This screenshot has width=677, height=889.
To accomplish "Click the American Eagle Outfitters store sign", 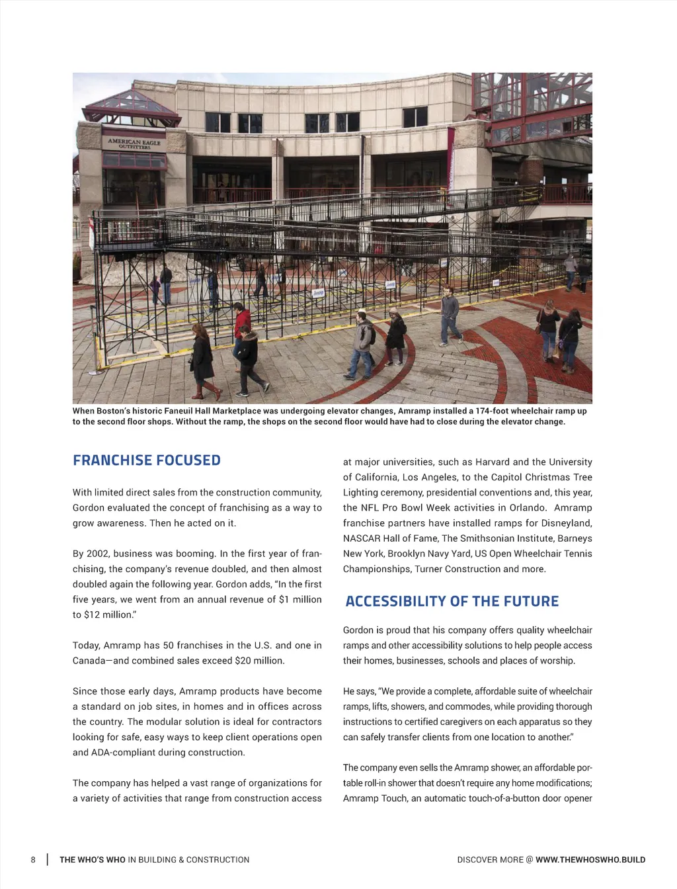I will [x=134, y=143].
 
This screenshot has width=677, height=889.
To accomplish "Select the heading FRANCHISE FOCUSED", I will [x=147, y=460].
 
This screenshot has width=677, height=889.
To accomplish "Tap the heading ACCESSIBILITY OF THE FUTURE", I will [x=452, y=601].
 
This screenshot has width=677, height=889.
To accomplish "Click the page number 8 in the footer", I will [x=33, y=860].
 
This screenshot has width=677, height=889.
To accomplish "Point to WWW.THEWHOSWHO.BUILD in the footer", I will [x=590, y=860].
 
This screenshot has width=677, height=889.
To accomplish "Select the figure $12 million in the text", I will [x=98, y=614].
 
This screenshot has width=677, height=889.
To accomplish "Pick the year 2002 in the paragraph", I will [x=97, y=554].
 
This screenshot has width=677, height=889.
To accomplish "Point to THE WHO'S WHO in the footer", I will [x=92, y=860].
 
